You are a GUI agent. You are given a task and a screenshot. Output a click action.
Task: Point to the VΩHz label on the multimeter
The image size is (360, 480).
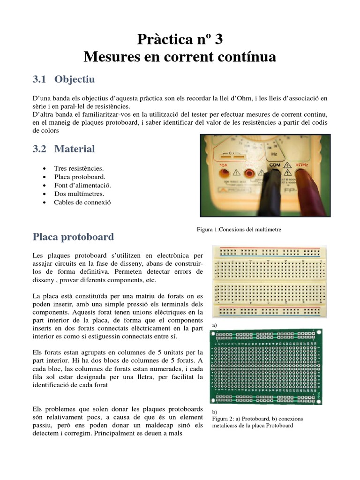coord(302,165)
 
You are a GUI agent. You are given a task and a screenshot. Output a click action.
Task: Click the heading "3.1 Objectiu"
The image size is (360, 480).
coord(64,79)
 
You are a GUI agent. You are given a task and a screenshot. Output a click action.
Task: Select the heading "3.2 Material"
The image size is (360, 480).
coord(64,149)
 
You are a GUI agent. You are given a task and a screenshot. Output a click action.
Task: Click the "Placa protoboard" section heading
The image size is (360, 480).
coord(73,237)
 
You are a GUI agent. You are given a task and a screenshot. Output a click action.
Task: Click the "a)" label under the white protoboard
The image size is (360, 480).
coord(215,324)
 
